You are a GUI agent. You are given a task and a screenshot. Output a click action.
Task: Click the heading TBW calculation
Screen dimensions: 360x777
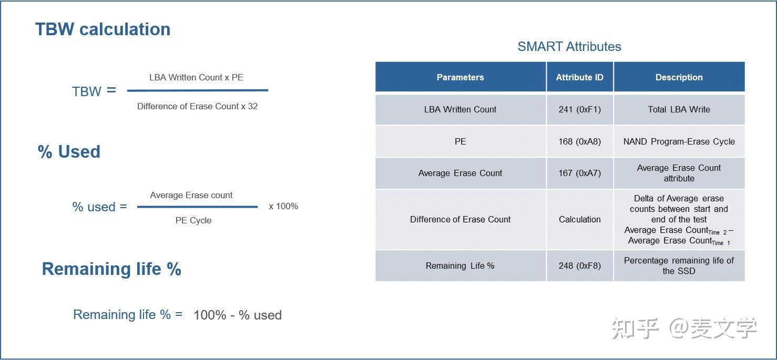103,29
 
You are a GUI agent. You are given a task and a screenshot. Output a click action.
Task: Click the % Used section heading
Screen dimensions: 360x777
69,152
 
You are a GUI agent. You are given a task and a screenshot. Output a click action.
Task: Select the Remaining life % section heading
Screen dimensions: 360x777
111,269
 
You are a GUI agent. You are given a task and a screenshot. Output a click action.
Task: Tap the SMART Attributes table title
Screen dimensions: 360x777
569,47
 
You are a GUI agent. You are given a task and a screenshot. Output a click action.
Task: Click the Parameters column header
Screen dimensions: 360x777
460,77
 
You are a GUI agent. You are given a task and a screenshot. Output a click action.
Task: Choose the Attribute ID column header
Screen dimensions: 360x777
579,77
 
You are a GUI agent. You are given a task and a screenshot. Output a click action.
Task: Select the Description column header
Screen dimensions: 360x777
679,77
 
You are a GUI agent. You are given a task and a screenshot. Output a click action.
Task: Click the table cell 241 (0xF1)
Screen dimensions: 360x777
579,110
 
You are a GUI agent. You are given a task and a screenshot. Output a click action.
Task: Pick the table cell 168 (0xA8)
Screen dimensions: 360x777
579,141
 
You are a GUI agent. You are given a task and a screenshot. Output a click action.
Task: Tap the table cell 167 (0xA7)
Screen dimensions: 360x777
579,173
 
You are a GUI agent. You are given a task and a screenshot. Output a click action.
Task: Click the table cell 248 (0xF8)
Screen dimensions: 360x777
579,266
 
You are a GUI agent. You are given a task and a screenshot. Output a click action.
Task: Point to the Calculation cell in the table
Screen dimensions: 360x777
579,220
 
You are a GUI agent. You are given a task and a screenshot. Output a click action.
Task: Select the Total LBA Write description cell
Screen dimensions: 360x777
679,110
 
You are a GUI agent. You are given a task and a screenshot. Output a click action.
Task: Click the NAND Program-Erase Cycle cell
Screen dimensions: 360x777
679,141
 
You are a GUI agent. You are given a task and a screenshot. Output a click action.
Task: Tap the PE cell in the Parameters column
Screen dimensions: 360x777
460,141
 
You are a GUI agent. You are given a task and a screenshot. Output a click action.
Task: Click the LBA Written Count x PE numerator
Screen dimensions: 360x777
196,78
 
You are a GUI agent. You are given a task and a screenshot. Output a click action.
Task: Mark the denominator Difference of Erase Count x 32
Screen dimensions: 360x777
197,107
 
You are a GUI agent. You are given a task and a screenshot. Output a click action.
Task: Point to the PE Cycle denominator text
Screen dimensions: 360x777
193,221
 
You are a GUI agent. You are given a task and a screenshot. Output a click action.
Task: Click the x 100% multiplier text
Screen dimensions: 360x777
283,207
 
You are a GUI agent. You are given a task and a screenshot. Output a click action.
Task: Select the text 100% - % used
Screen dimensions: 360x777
238,315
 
